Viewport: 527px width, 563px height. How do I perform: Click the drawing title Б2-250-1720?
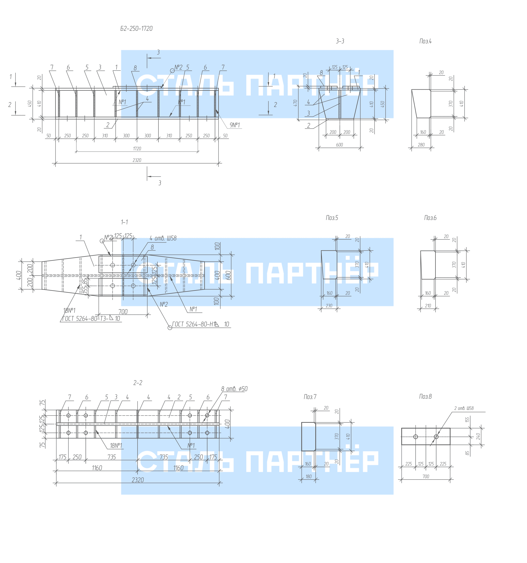click(x=136, y=29)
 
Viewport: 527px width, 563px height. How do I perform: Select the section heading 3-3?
click(x=340, y=41)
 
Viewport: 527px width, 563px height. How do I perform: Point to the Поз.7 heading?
click(x=310, y=397)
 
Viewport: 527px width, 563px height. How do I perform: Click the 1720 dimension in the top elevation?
click(x=137, y=149)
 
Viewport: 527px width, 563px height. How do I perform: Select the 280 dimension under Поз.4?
click(x=421, y=145)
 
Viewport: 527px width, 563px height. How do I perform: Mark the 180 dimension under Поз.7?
click(x=308, y=476)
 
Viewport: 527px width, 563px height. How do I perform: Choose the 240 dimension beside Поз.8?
click(x=478, y=436)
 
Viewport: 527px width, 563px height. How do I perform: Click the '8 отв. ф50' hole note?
click(x=234, y=389)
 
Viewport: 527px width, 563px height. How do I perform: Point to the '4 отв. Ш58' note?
click(x=163, y=238)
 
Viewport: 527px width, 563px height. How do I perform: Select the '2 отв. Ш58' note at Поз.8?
click(x=463, y=408)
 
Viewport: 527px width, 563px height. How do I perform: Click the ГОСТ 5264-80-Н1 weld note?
click(x=201, y=324)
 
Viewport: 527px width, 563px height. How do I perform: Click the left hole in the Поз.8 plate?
click(x=416, y=437)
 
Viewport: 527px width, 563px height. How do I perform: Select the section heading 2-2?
click(x=138, y=383)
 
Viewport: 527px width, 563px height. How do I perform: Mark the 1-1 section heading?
click(x=124, y=222)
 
